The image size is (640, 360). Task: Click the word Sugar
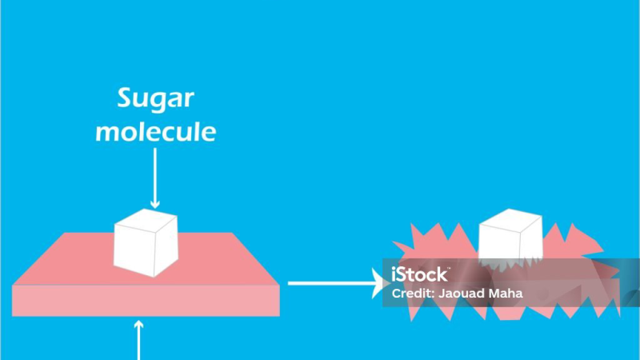click(155, 99)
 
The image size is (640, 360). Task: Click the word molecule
click(155, 131)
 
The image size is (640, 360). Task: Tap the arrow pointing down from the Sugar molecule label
click(154, 178)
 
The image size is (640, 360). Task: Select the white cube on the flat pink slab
click(146, 242)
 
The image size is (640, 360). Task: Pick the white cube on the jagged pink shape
click(510, 237)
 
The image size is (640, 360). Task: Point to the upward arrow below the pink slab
click(138, 340)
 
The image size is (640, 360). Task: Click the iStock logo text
click(420, 274)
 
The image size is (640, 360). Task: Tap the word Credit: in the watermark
click(413, 293)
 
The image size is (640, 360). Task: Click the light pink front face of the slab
click(146, 301)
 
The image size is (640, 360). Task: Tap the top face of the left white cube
click(146, 221)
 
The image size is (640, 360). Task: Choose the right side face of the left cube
click(166, 246)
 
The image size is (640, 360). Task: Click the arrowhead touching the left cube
click(154, 203)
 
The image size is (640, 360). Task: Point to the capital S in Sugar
click(126, 98)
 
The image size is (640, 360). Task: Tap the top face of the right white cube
click(510, 221)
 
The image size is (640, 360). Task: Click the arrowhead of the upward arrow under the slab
click(138, 325)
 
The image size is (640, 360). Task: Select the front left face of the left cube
click(134, 250)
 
